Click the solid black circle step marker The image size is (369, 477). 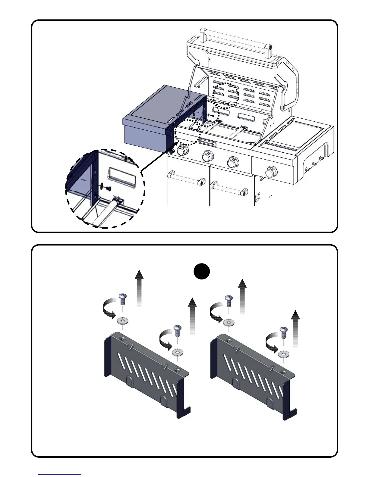tap(202, 271)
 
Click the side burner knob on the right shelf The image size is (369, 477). tap(271, 172)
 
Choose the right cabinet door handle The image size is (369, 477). tap(228, 187)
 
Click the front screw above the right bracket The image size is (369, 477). tap(283, 332)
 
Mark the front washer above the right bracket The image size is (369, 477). tap(283, 354)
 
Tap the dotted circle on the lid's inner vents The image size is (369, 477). tap(225, 95)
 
